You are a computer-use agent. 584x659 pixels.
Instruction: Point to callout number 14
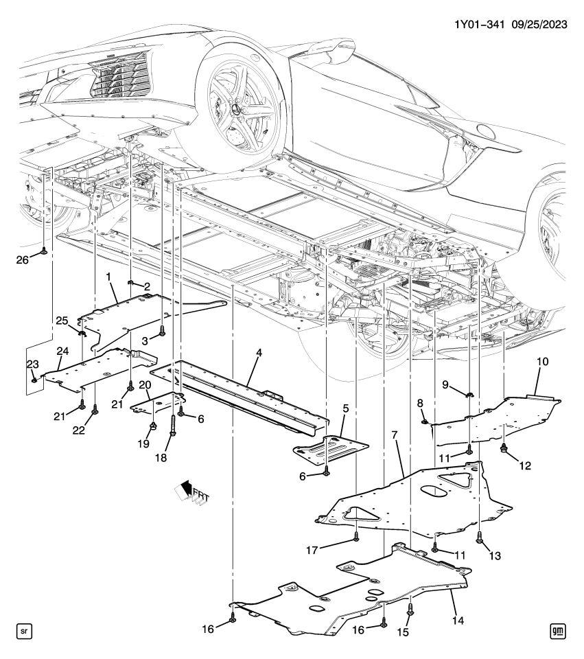pos(458,621)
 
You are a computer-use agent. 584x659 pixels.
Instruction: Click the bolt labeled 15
pos(410,608)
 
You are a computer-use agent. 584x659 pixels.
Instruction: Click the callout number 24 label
pos(62,351)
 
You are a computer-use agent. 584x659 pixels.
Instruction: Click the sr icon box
pos(24,630)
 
